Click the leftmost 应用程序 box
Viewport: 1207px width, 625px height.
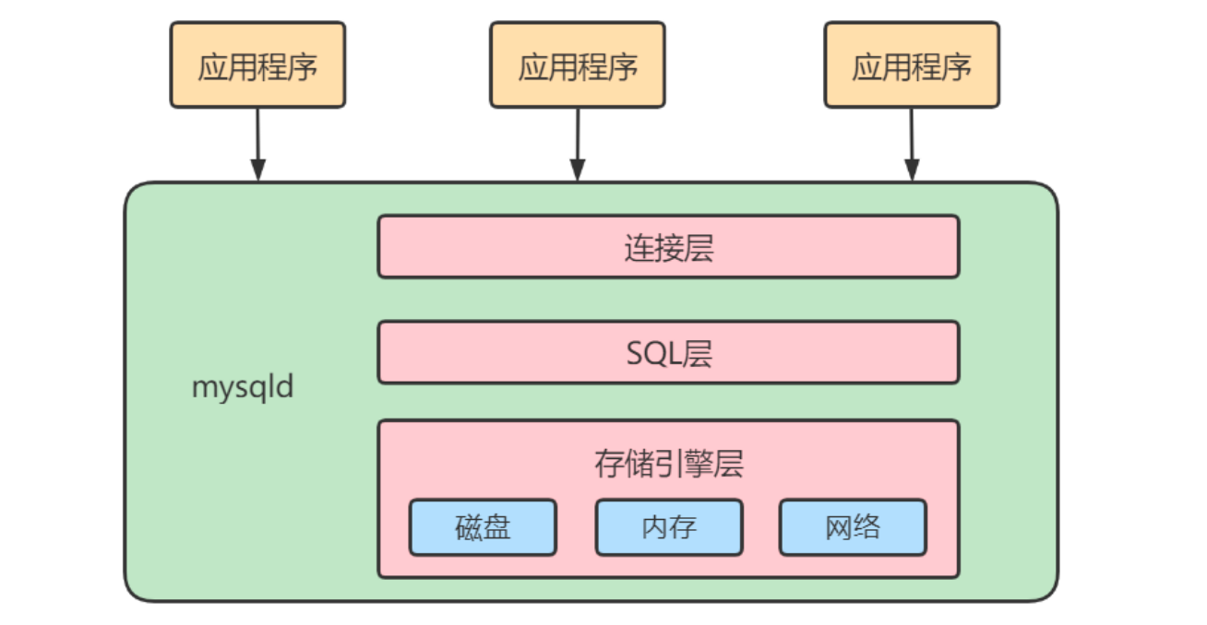(257, 65)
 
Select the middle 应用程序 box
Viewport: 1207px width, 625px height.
(577, 65)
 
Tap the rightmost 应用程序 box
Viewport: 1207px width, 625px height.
(911, 65)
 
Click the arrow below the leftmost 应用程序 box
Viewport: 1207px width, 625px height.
(257, 143)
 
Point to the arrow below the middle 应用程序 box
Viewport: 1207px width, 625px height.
(577, 143)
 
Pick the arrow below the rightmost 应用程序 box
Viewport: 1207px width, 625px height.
(911, 143)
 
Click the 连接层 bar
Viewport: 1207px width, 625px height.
(668, 246)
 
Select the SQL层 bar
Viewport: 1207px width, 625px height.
(668, 352)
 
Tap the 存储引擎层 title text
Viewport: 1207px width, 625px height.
(668, 464)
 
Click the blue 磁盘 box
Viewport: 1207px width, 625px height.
(483, 527)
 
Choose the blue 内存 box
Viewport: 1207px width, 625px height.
(668, 527)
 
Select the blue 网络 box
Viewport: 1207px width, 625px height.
(852, 527)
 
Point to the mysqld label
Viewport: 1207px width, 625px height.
(242, 387)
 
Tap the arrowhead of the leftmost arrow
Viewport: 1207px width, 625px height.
(257, 171)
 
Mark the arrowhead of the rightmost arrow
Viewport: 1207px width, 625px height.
(911, 171)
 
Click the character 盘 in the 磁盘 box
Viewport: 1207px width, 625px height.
(497, 527)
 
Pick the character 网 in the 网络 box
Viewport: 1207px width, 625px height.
(838, 527)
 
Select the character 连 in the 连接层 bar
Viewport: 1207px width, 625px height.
(639, 247)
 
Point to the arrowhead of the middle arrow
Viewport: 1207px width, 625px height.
(577, 171)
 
